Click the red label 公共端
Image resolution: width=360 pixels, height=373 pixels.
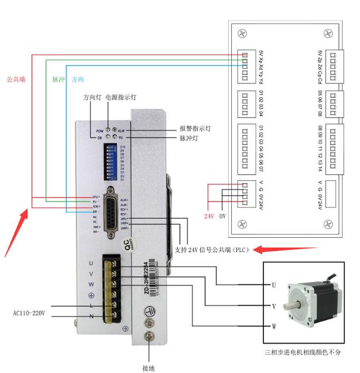tap(17, 79)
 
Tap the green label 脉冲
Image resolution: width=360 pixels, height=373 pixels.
tap(58, 79)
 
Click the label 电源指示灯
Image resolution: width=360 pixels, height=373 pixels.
tap(121, 98)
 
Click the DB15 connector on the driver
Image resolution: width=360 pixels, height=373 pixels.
tap(110, 209)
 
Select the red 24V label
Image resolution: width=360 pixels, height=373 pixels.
tap(209, 217)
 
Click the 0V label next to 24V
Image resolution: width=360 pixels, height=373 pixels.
tap(223, 217)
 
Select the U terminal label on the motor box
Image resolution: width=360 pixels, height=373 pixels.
tap(274, 285)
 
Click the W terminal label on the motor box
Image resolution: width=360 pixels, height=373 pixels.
tap(274, 327)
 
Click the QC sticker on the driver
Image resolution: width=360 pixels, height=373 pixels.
tap(130, 246)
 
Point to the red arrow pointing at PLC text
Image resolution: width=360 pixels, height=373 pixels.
tap(286, 249)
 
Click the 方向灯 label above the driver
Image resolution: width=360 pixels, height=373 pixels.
tap(93, 98)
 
